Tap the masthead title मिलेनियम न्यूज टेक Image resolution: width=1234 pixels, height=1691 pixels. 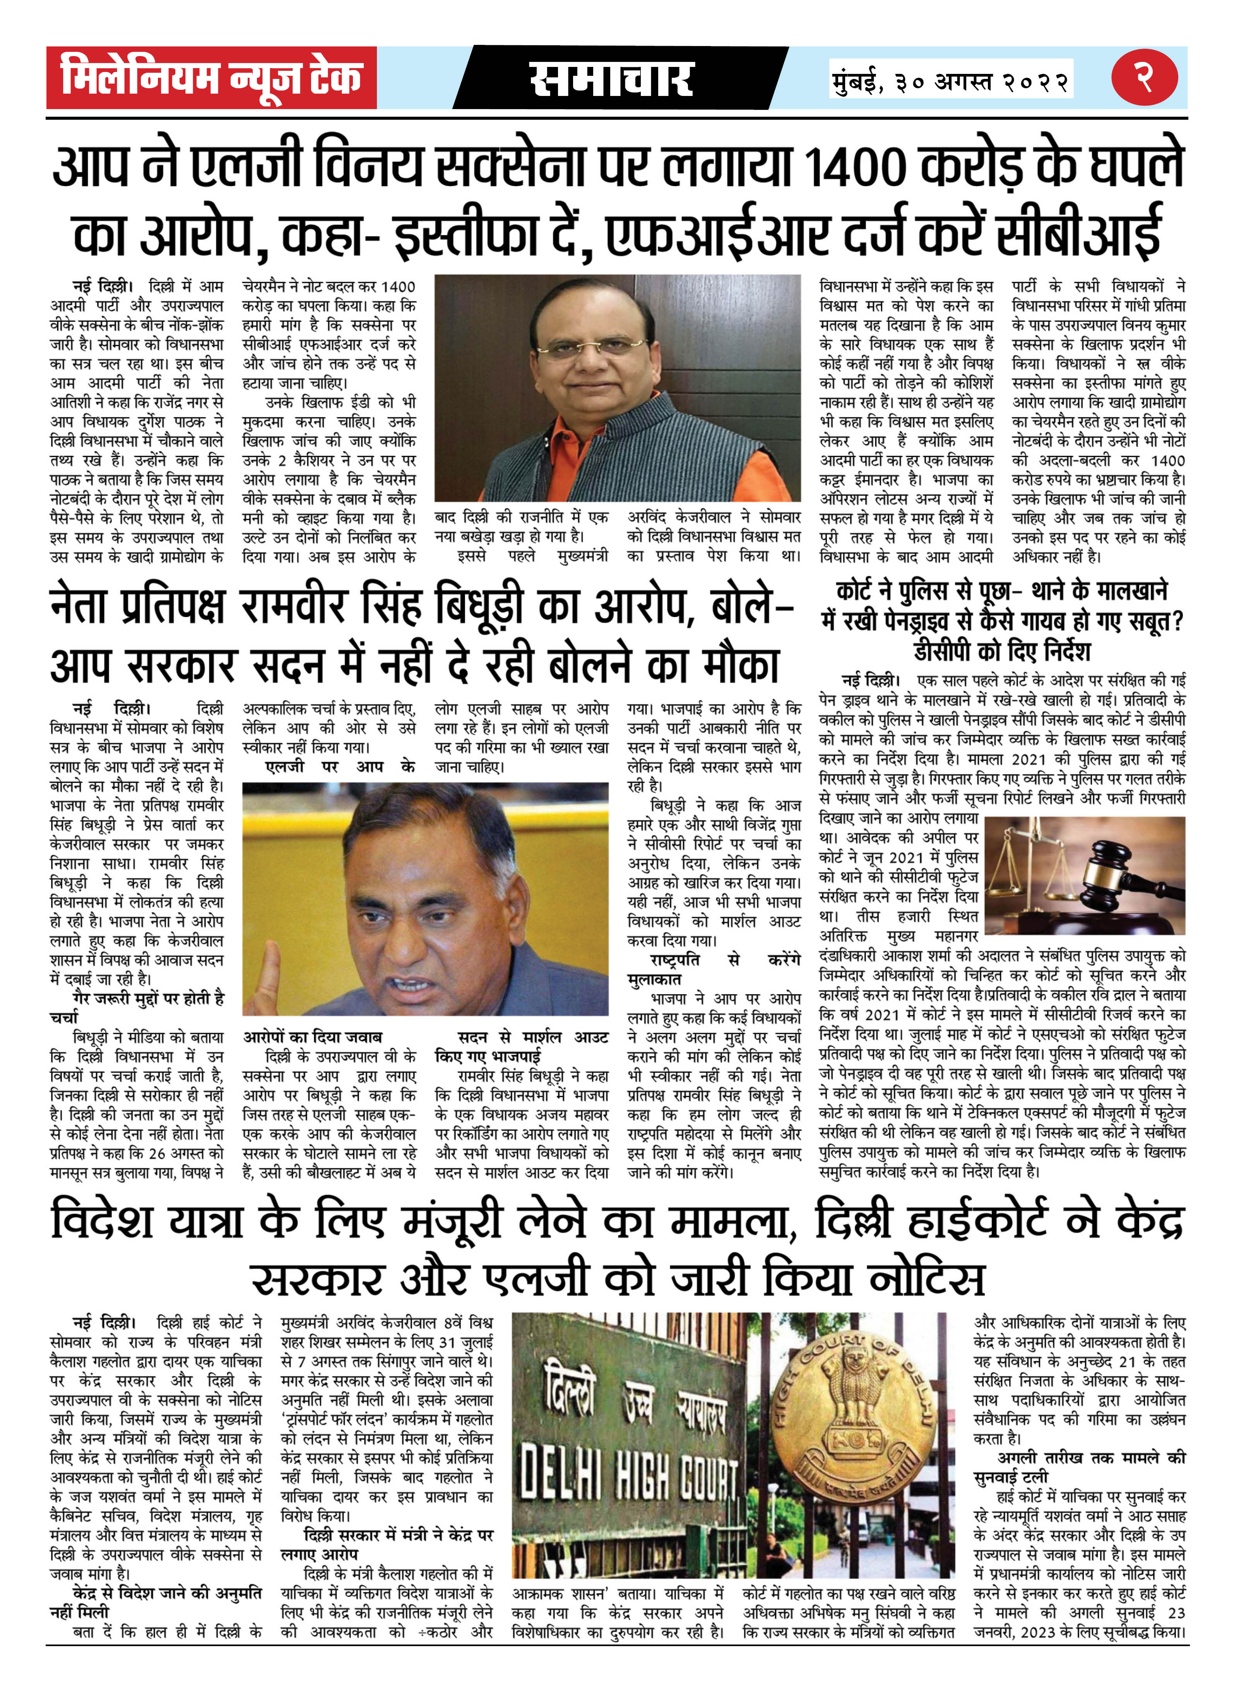click(x=211, y=78)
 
